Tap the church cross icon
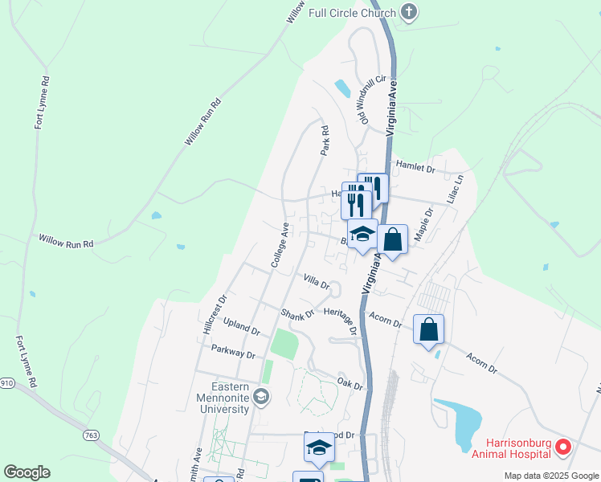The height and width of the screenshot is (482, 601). [x=410, y=12]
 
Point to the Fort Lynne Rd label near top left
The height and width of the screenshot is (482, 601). [x=41, y=104]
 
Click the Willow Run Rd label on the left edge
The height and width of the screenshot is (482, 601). [x=67, y=240]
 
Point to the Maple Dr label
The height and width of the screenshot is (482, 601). [x=423, y=225]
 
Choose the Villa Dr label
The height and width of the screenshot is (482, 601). [x=317, y=282]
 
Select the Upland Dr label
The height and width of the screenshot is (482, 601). [x=242, y=325]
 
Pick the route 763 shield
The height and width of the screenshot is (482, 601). [x=91, y=435]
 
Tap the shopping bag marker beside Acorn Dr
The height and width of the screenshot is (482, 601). [x=428, y=329]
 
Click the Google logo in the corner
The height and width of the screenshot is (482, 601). [x=27, y=472]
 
